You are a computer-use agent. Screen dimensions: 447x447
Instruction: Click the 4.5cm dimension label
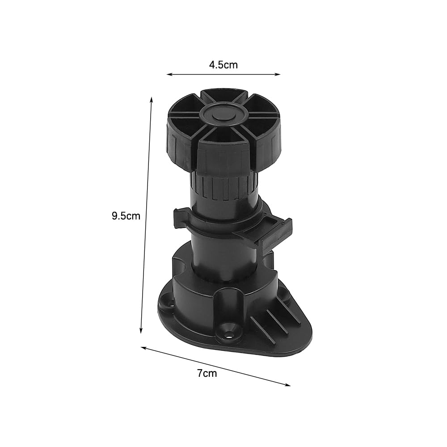[x=223, y=65]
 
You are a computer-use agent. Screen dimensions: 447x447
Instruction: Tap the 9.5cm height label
[x=126, y=216]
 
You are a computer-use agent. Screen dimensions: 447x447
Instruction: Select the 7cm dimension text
[x=207, y=373]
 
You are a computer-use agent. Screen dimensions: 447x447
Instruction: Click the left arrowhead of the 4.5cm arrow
[x=169, y=74]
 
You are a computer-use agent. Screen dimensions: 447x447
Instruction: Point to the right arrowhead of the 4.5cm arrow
[x=278, y=74]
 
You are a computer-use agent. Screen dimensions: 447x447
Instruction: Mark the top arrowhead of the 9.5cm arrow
[x=152, y=98]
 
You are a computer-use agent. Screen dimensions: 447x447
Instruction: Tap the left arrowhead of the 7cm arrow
[x=143, y=348]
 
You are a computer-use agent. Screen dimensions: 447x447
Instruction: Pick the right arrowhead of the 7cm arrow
[x=288, y=385]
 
